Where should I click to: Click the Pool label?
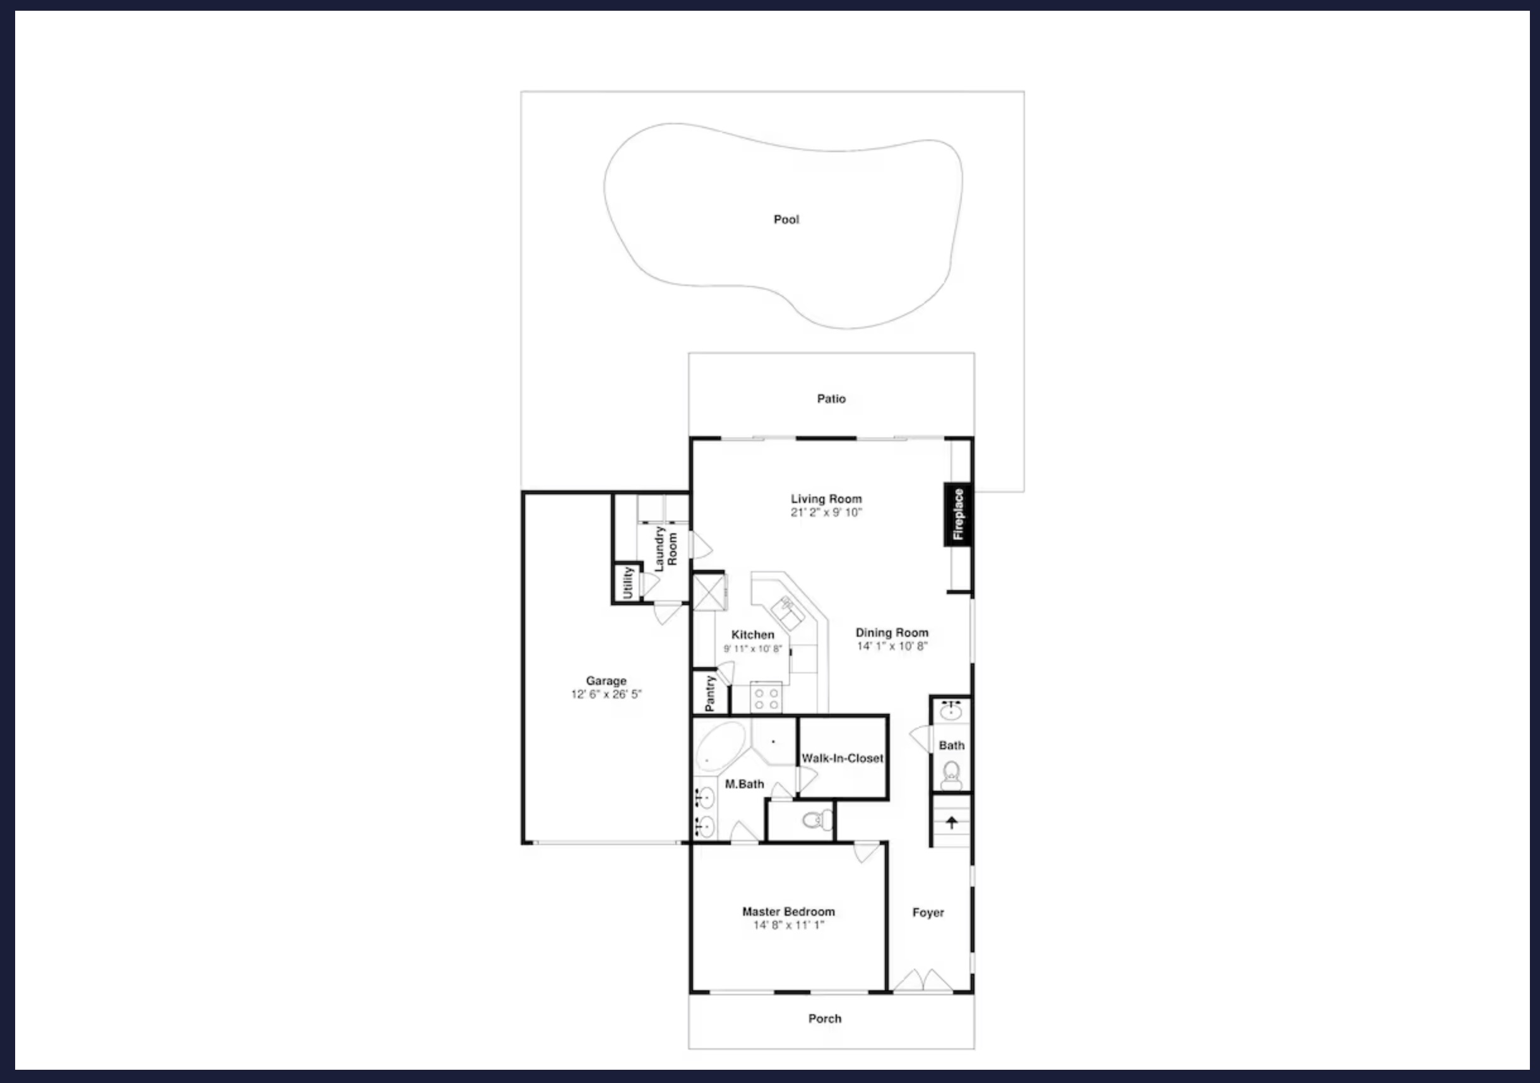pyautogui.click(x=786, y=219)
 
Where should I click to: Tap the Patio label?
pyautogui.click(x=831, y=398)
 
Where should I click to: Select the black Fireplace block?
pyautogui.click(x=958, y=514)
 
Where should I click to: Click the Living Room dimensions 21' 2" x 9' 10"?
pyautogui.click(x=826, y=512)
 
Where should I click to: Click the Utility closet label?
pyautogui.click(x=628, y=582)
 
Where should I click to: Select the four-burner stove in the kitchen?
pyautogui.click(x=766, y=697)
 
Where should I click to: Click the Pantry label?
pyautogui.click(x=710, y=694)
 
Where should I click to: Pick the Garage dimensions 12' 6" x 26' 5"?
pyautogui.click(x=607, y=694)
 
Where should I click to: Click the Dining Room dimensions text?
pyautogui.click(x=892, y=646)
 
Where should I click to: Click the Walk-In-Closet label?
pyautogui.click(x=843, y=758)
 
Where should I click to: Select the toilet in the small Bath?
pyautogui.click(x=951, y=776)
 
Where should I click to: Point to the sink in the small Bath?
pyautogui.click(x=951, y=710)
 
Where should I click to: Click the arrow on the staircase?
pyautogui.click(x=951, y=822)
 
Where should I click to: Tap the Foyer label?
pyautogui.click(x=928, y=913)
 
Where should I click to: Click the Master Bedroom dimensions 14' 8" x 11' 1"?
pyautogui.click(x=788, y=925)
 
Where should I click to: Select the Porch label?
pyautogui.click(x=824, y=1018)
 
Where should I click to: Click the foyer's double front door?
pyautogui.click(x=923, y=980)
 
